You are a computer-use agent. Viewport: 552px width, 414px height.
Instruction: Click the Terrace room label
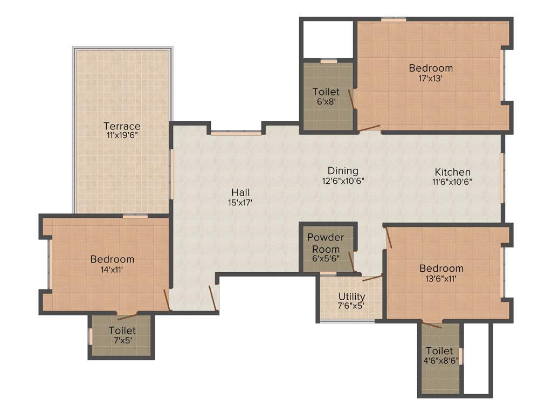[122, 126]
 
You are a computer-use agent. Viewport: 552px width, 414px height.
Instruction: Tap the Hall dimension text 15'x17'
[240, 203]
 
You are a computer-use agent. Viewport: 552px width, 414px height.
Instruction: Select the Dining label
[343, 171]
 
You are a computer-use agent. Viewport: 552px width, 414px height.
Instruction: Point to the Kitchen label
[453, 172]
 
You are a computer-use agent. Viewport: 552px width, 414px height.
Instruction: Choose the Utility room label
[351, 296]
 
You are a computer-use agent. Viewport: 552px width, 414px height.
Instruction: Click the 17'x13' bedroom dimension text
[431, 78]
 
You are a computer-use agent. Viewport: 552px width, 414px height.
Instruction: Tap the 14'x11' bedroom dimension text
[112, 270]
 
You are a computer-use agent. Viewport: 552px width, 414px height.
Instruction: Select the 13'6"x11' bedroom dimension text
[441, 279]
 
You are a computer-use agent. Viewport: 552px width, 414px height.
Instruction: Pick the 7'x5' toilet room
[122, 335]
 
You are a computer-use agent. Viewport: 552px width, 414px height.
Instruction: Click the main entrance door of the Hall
[213, 298]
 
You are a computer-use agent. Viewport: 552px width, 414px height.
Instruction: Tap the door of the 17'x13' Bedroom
[369, 128]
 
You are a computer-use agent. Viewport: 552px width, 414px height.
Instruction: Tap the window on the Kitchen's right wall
[502, 178]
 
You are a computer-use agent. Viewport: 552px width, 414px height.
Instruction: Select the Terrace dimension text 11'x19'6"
[122, 136]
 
